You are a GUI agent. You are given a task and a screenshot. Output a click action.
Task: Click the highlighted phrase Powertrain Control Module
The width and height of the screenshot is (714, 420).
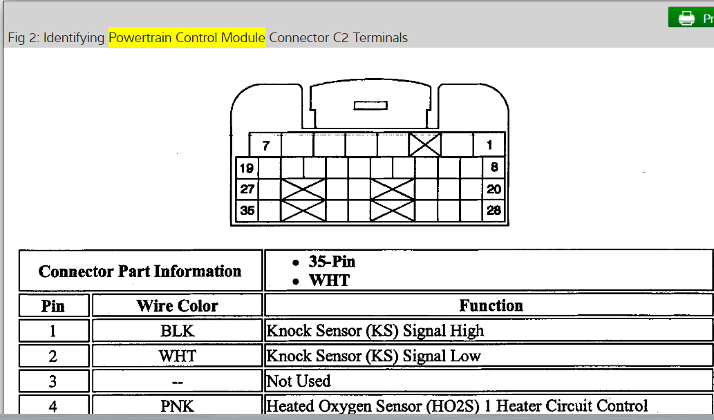(x=187, y=37)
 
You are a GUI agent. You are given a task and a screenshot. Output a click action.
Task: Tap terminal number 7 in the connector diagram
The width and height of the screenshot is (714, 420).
(x=265, y=146)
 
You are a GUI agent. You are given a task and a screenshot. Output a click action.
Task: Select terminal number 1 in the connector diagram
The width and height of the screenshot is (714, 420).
(x=489, y=145)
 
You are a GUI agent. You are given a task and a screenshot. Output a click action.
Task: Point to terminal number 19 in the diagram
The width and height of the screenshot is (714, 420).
(x=247, y=168)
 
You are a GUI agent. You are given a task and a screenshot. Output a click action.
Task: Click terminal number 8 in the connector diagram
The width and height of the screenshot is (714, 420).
(x=494, y=167)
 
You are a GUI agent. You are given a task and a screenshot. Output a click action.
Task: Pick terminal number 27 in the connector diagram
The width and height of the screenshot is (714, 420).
(x=247, y=189)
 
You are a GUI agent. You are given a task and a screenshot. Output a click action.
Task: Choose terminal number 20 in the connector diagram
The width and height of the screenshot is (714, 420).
(x=494, y=189)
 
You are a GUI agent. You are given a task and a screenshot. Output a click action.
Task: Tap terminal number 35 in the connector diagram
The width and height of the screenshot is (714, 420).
(x=247, y=211)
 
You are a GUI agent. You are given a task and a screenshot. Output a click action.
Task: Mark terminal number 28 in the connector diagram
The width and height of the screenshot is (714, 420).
(x=494, y=211)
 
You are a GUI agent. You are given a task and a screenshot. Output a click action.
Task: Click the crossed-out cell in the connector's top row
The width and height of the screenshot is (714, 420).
(x=424, y=145)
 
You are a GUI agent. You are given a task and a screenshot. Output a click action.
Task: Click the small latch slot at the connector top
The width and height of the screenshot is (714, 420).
(x=370, y=106)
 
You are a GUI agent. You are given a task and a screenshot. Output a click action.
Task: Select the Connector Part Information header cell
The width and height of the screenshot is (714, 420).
(x=140, y=271)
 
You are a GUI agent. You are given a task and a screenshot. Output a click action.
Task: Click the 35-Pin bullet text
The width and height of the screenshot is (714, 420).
(x=332, y=262)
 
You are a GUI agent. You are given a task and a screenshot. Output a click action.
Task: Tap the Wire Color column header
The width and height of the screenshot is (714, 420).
(x=177, y=305)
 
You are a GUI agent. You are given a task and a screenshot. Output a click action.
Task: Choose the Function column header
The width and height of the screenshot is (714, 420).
(x=491, y=305)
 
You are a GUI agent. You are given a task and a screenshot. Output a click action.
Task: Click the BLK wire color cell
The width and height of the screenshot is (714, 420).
(x=177, y=331)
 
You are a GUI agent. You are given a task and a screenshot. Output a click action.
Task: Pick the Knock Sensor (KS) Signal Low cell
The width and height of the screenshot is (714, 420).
(x=373, y=356)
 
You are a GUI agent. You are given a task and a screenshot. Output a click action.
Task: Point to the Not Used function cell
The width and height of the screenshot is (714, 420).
(x=299, y=381)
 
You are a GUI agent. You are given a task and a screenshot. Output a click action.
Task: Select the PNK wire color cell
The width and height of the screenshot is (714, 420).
(x=177, y=405)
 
